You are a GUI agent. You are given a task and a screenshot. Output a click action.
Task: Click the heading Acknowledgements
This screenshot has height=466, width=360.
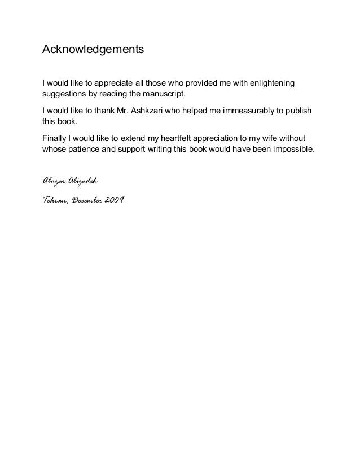(94, 50)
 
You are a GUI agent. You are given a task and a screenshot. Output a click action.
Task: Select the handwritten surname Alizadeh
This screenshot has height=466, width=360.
(84, 180)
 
